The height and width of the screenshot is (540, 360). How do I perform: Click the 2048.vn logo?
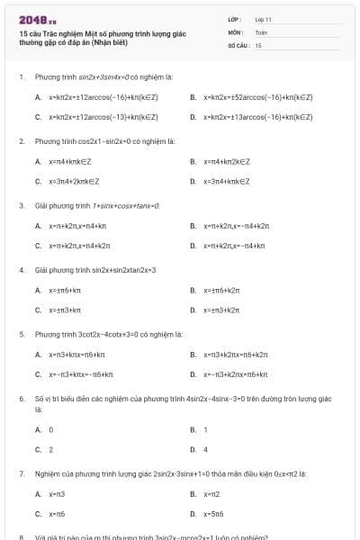tap(31, 19)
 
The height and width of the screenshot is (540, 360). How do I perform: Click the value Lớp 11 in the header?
tap(264, 19)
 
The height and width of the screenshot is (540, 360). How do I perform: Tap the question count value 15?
tap(258, 44)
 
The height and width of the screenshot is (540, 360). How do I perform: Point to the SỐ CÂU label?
tap(237, 44)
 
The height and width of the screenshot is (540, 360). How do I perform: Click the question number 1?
tap(21, 77)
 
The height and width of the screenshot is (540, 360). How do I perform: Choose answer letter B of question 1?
tap(193, 96)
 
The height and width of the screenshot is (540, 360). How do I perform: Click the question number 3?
tap(21, 205)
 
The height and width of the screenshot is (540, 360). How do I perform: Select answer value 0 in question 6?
tap(50, 429)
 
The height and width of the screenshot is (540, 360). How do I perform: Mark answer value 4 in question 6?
tap(205, 449)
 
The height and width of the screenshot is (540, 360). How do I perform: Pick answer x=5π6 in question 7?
tap(213, 513)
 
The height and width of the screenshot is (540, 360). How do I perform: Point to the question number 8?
tap(21, 537)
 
